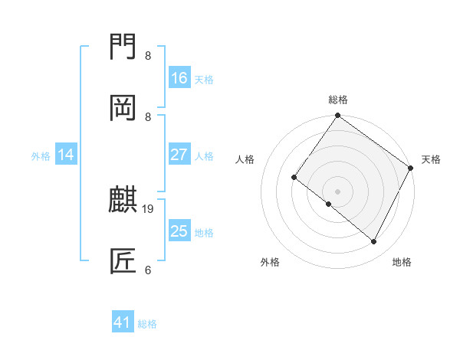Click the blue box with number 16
click(179, 77)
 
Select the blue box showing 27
click(179, 154)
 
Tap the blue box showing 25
click(179, 231)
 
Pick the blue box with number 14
click(66, 155)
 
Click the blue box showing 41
click(123, 322)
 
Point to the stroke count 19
click(148, 208)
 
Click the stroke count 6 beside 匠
click(148, 270)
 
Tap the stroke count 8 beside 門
click(148, 55)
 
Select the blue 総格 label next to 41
click(147, 324)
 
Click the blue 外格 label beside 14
click(41, 155)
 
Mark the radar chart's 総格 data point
click(337, 116)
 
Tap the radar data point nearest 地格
click(374, 242)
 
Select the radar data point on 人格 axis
click(294, 178)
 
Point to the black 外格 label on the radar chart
click(271, 262)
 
